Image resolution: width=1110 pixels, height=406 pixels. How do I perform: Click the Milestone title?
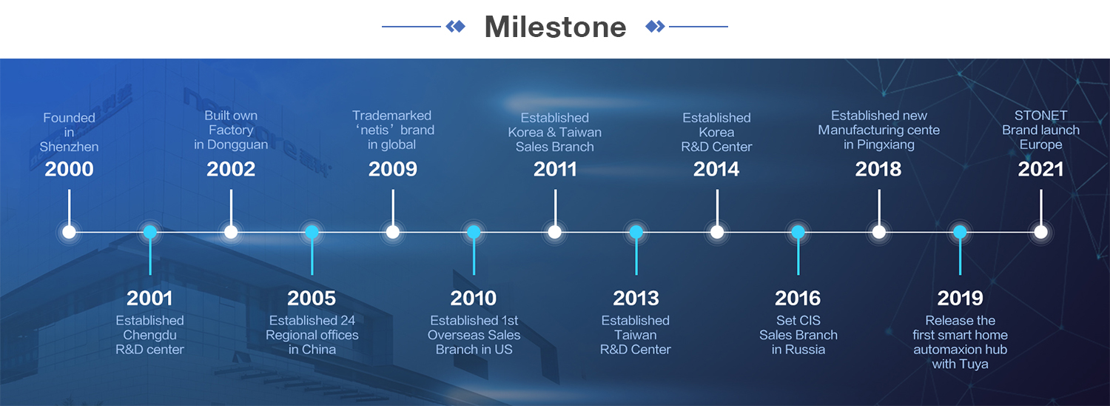tap(556, 27)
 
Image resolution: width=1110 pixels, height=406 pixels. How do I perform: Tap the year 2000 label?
tap(69, 169)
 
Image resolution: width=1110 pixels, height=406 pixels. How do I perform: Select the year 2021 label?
tap(1040, 169)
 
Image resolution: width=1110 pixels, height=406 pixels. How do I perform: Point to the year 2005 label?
tap(312, 299)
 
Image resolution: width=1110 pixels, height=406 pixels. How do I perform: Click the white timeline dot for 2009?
tap(393, 232)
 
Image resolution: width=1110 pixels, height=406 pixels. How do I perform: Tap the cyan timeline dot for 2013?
tap(636, 232)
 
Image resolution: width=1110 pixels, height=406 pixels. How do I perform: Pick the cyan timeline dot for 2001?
tap(150, 232)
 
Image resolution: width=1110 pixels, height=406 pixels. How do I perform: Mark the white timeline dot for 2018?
tap(879, 232)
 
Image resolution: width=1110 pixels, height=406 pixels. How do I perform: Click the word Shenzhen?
tap(69, 147)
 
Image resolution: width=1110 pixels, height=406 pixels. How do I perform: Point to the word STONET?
tap(1040, 116)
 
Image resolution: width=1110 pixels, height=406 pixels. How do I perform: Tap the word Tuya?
tap(974, 365)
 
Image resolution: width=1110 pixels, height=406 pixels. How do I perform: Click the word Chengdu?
tap(149, 335)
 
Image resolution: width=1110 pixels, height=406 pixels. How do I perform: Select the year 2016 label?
tap(798, 299)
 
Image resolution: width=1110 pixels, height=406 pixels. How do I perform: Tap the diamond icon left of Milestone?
tap(455, 27)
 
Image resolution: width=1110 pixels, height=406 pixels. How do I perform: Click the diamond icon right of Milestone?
tap(655, 27)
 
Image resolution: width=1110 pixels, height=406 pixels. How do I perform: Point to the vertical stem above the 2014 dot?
tap(717, 207)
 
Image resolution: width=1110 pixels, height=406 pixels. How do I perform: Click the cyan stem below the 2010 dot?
tap(474, 256)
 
